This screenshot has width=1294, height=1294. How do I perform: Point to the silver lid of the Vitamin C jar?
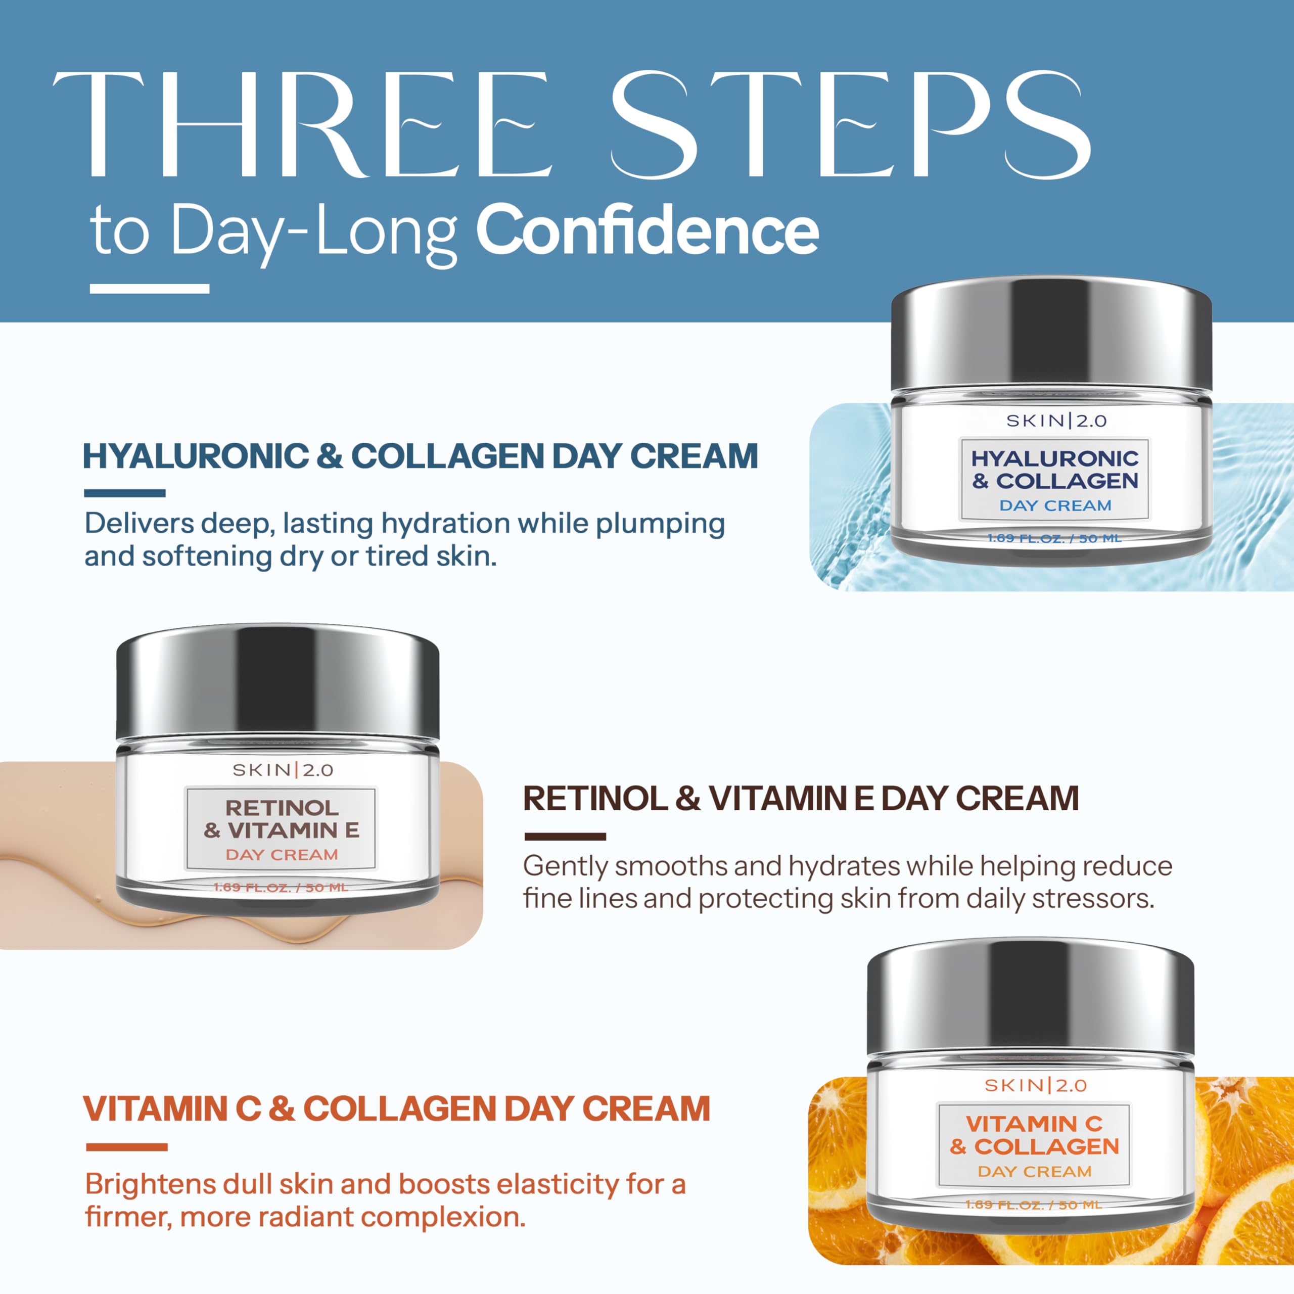(x=1030, y=999)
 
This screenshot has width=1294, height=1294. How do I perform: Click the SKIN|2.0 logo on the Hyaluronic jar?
(x=1056, y=421)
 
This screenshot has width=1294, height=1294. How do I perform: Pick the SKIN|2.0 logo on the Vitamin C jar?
(x=1036, y=1086)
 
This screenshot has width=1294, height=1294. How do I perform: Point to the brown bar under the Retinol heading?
(x=565, y=837)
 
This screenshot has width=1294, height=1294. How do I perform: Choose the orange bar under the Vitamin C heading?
(x=126, y=1147)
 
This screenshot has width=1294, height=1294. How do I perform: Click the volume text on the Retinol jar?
(x=281, y=888)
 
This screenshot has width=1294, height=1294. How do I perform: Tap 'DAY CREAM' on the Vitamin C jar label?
(x=1035, y=1172)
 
